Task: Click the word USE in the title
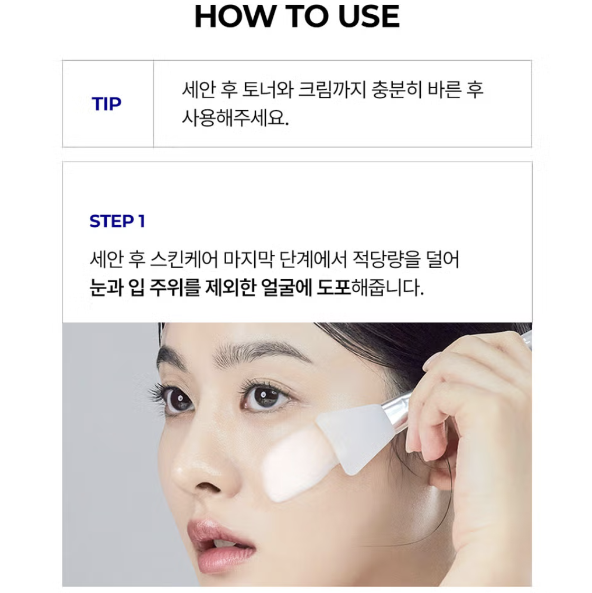[x=369, y=16]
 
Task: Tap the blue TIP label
[x=107, y=104]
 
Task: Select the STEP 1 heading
[x=117, y=221]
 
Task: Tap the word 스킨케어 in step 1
[x=184, y=260]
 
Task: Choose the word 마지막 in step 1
[x=248, y=260]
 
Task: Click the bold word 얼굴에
[x=286, y=288]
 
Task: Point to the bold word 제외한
[x=231, y=288]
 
